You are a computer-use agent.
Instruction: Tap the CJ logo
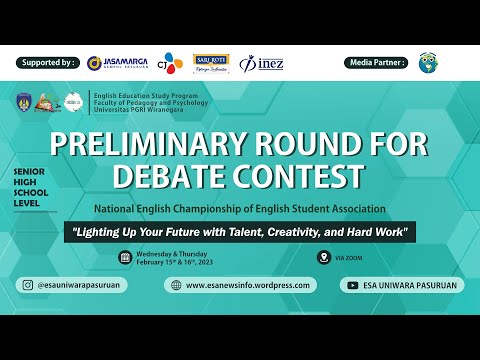[173, 62]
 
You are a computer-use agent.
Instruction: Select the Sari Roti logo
[211, 63]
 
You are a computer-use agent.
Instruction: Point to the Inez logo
[263, 62]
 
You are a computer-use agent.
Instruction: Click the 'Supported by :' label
[48, 62]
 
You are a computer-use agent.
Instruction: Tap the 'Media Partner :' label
[377, 62]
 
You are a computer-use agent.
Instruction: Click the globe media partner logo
[431, 63]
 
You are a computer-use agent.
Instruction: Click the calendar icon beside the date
[125, 257]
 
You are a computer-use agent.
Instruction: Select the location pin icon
[323, 257]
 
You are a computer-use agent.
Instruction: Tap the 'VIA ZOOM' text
[350, 257]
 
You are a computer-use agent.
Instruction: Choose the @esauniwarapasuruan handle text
[80, 285]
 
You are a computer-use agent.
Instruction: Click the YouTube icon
[353, 285]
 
